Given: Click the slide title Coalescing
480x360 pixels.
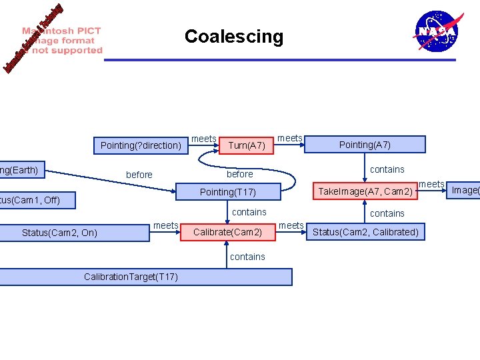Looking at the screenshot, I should click(x=233, y=36).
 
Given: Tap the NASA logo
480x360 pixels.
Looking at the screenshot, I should click(x=437, y=31).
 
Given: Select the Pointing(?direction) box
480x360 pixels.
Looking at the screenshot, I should click(x=141, y=145).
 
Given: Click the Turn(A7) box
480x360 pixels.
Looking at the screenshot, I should click(x=247, y=145).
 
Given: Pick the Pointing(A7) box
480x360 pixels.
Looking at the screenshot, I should click(x=365, y=145).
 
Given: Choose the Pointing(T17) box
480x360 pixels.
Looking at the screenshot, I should click(x=228, y=192).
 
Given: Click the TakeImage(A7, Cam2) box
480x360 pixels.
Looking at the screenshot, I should click(x=365, y=192).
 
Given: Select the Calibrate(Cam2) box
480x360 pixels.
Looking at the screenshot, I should click(x=227, y=232).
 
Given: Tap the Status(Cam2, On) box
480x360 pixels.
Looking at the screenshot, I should click(x=59, y=233).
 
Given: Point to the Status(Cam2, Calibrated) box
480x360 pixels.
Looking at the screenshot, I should click(x=365, y=232).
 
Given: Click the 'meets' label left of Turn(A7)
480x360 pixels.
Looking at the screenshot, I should click(x=204, y=139).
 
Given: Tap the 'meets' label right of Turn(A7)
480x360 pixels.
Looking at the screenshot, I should click(x=290, y=138).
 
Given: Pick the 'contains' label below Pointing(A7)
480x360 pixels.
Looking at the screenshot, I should click(x=387, y=169).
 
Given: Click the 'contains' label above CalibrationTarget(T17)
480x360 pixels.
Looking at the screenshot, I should click(x=247, y=257).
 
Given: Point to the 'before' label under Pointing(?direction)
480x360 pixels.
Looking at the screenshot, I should click(x=139, y=175).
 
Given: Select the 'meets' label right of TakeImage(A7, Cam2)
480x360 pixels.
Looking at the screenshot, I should click(x=431, y=184).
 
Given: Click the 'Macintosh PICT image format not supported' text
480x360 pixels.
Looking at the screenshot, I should click(x=63, y=41).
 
